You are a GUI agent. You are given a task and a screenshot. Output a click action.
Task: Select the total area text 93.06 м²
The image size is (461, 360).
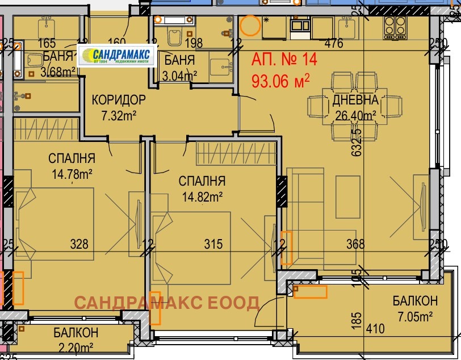click(280, 80)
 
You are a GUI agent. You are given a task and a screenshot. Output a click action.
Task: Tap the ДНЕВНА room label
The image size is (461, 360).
click(355, 101)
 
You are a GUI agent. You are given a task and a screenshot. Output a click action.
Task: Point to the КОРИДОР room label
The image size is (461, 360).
click(119, 101)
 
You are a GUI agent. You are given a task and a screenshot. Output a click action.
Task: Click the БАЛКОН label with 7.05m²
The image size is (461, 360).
click(414, 301)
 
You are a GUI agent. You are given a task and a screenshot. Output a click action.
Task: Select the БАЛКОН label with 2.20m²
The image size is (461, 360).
click(76, 332)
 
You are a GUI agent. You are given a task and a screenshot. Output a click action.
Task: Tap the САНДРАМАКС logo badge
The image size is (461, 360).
click(116, 56)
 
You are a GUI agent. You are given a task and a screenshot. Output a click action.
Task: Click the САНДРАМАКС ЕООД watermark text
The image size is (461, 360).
click(167, 302)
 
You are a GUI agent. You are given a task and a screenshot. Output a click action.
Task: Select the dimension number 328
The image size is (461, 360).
click(79, 244)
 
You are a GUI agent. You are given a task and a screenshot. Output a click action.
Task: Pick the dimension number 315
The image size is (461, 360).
click(213, 244)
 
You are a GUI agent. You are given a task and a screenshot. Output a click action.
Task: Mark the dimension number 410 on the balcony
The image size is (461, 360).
click(376, 328)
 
